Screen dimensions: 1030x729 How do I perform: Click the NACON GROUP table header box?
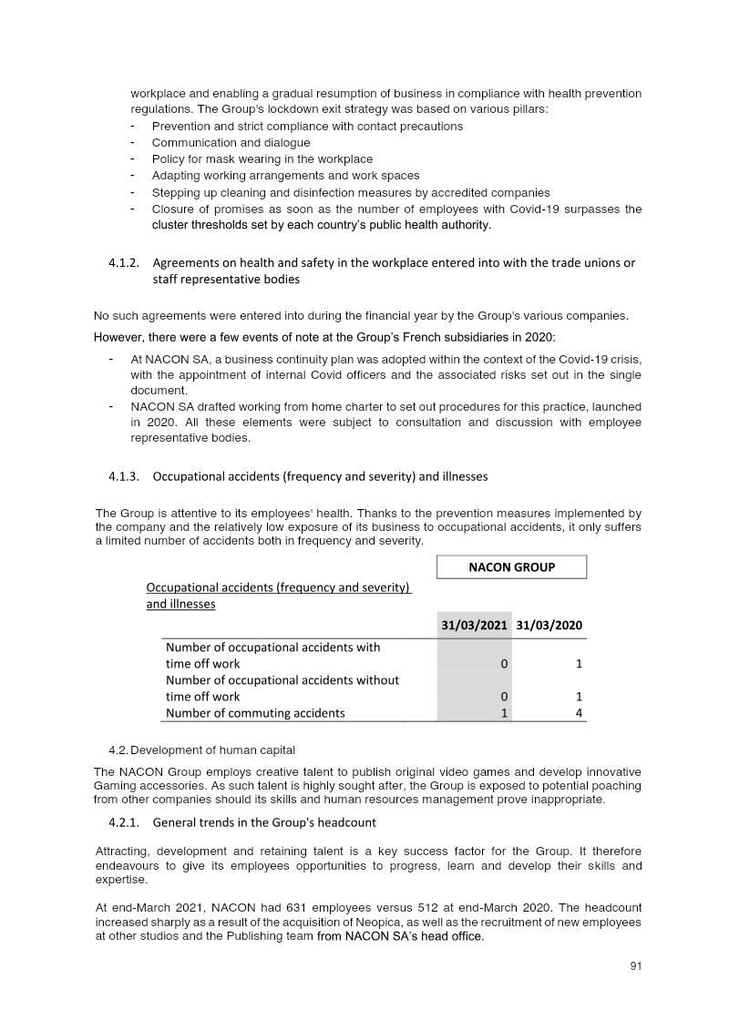click(x=511, y=567)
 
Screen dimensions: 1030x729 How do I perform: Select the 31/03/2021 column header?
click(x=474, y=626)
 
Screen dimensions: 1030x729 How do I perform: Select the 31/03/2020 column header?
click(x=549, y=626)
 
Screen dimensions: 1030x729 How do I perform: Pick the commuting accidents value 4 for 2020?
click(x=580, y=713)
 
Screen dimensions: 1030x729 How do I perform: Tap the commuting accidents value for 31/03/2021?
click(x=504, y=713)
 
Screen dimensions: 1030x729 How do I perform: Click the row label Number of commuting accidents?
click(x=255, y=713)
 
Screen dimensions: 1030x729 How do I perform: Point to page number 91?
click(x=637, y=967)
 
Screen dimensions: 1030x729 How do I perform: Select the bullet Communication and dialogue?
click(x=231, y=143)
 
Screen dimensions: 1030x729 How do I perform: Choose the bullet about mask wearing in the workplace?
click(x=249, y=159)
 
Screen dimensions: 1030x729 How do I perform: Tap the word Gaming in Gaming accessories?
click(x=117, y=800)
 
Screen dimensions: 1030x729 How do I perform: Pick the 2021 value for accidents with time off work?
click(x=504, y=664)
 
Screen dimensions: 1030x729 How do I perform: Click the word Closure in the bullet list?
click(x=172, y=209)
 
